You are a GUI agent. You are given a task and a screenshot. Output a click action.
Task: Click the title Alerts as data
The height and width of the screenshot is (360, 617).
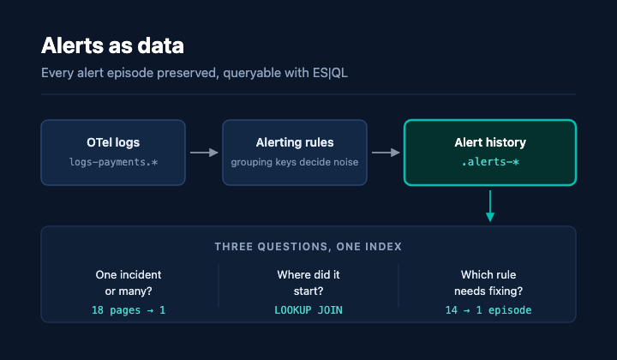(x=112, y=45)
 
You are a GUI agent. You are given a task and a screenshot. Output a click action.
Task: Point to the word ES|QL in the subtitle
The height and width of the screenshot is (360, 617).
(x=330, y=73)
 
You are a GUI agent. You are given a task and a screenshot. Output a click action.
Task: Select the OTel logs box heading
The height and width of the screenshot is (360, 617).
(x=113, y=142)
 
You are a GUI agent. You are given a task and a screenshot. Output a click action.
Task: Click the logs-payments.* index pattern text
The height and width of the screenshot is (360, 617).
(x=113, y=162)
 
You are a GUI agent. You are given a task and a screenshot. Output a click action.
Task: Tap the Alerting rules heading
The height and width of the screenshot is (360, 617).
(x=295, y=142)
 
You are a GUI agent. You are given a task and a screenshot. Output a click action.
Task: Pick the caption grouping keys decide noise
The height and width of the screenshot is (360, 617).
(x=295, y=162)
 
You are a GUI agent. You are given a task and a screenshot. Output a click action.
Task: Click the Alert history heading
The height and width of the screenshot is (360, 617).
(x=490, y=142)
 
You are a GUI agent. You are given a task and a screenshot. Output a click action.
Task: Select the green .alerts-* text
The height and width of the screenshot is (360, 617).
(x=490, y=162)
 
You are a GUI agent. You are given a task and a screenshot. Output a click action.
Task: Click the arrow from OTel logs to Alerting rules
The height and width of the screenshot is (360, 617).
(x=204, y=153)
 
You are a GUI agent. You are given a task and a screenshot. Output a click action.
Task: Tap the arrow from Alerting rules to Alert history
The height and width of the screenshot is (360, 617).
(x=386, y=153)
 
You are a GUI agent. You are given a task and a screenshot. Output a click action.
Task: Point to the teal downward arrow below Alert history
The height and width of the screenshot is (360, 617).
(x=490, y=207)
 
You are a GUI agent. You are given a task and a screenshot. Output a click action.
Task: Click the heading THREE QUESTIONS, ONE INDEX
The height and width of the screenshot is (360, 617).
(x=308, y=247)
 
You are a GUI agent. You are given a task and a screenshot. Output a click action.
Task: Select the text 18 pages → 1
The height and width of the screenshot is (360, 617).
(x=129, y=310)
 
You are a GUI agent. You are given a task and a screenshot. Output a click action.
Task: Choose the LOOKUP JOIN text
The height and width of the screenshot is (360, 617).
(x=308, y=310)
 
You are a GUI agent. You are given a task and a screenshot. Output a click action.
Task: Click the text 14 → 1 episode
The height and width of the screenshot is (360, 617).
(x=488, y=310)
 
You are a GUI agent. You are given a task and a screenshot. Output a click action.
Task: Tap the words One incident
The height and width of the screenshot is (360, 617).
(x=129, y=274)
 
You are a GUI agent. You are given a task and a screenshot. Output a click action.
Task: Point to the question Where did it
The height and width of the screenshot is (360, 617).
(x=308, y=274)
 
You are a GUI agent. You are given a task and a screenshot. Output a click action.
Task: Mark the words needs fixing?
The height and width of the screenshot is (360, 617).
(x=488, y=291)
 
